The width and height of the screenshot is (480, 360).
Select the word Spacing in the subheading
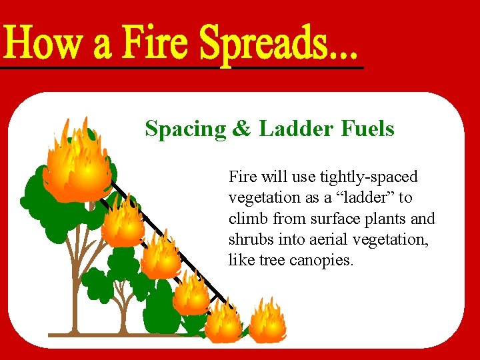pyautogui.click(x=186, y=129)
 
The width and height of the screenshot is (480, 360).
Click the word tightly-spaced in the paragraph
pyautogui.click(x=369, y=177)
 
